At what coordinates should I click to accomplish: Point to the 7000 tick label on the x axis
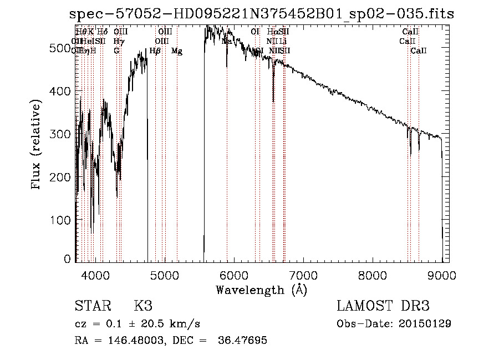pyautogui.click(x=303, y=275)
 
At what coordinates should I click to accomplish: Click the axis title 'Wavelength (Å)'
pyautogui.click(x=261, y=290)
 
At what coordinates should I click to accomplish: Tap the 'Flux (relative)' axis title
pyautogui.click(x=37, y=145)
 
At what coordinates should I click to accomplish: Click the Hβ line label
pyautogui.click(x=155, y=51)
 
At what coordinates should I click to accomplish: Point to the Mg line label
pyautogui.click(x=177, y=51)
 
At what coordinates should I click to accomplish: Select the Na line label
pyautogui.click(x=226, y=41)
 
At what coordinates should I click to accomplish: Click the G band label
pyautogui.click(x=116, y=51)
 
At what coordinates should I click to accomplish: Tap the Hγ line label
pyautogui.click(x=117, y=41)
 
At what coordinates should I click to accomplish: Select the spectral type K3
pyautogui.click(x=143, y=306)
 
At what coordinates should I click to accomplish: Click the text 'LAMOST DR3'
pyautogui.click(x=383, y=306)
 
